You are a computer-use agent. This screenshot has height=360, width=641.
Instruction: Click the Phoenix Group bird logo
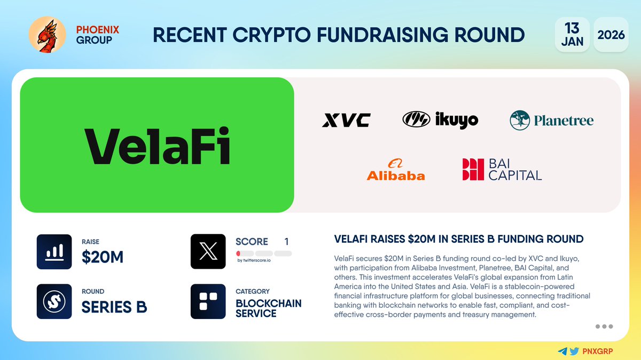[x=47, y=35]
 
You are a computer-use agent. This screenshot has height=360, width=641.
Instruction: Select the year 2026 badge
[x=611, y=35]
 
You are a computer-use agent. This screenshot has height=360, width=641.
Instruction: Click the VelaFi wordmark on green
[x=157, y=145]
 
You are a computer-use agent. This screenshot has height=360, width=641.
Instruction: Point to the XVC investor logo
[x=346, y=121]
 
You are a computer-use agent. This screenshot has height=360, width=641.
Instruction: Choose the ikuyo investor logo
[x=440, y=120]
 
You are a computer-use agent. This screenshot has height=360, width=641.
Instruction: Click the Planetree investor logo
[x=551, y=121]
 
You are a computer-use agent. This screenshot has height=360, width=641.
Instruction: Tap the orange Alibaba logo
[x=395, y=170]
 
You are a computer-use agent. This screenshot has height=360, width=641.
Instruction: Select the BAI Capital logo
[x=502, y=170]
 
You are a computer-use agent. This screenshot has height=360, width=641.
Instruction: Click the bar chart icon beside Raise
[x=54, y=252]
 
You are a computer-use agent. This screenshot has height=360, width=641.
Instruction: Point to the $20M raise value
[x=103, y=258]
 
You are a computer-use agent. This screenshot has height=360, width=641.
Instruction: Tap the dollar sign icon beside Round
[x=54, y=301]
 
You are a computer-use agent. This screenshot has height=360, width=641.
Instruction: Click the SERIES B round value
[x=114, y=307]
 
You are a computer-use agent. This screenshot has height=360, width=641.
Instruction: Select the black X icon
[x=208, y=252]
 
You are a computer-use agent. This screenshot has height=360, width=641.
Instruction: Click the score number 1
[x=286, y=242]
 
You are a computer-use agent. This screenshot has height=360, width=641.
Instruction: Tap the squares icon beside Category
[x=208, y=301]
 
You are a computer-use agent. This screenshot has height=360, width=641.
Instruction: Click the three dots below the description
[x=604, y=326]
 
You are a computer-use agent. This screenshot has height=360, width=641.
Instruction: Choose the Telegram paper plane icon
[x=562, y=351]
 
